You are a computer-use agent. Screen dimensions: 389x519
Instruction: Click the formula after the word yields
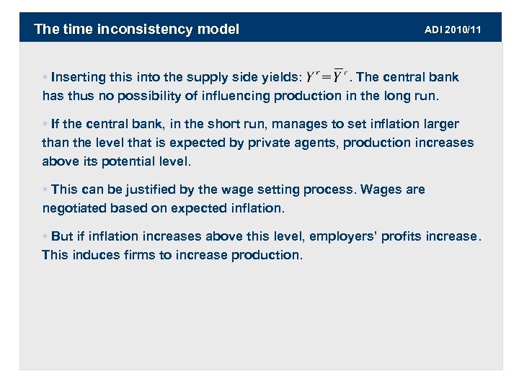tap(327, 77)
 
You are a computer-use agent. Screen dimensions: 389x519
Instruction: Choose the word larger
tap(440, 124)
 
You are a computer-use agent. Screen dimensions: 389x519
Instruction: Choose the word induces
tap(99, 255)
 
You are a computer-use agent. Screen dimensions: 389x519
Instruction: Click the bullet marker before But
tap(45, 236)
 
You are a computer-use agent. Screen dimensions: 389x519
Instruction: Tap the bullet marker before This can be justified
tap(45, 189)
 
